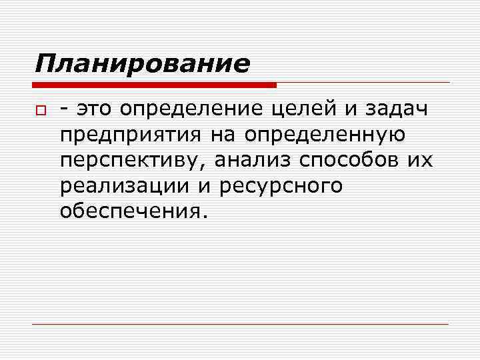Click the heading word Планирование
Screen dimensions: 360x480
(142, 64)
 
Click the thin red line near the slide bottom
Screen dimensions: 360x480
(240, 324)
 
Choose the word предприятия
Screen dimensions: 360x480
(131, 136)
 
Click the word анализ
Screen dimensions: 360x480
(256, 161)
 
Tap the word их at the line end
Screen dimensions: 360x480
(423, 161)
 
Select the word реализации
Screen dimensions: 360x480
(123, 187)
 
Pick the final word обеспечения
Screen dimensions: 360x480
(129, 211)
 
